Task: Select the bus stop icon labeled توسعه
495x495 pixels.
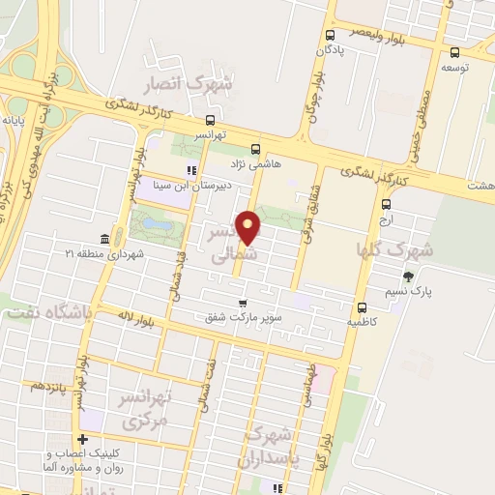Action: point(454,53)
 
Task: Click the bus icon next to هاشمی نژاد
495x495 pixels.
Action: point(255,150)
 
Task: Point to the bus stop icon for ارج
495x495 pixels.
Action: point(387,205)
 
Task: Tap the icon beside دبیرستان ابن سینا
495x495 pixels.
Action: point(191,172)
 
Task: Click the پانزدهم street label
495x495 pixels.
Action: point(47,386)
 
